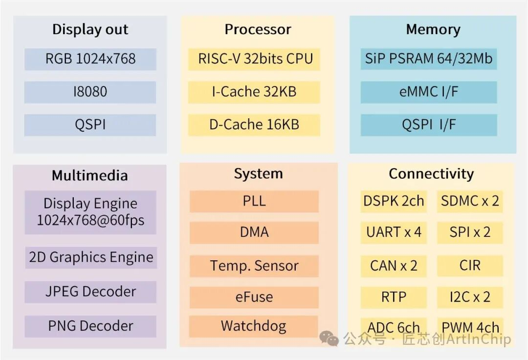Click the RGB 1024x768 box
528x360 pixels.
point(90,59)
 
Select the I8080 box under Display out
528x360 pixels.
point(90,92)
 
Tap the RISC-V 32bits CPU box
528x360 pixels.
point(255,59)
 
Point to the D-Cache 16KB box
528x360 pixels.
point(255,125)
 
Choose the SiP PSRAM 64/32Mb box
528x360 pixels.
point(429,59)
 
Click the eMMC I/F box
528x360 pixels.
point(429,92)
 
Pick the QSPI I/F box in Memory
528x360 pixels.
point(429,125)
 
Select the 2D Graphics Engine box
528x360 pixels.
point(90,257)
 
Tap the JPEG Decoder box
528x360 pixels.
point(90,292)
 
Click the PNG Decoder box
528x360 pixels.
point(90,326)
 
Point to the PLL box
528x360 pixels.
point(254,201)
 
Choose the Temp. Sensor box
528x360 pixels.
point(254,266)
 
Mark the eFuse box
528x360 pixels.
point(254,297)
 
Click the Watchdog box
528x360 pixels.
point(254,326)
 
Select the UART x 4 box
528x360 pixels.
point(394,232)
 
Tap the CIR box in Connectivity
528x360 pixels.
point(470,266)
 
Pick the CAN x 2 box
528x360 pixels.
point(394,266)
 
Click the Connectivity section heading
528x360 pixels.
point(431,174)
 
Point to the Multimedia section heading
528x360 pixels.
point(90,176)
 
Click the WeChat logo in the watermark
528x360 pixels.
point(329,338)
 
